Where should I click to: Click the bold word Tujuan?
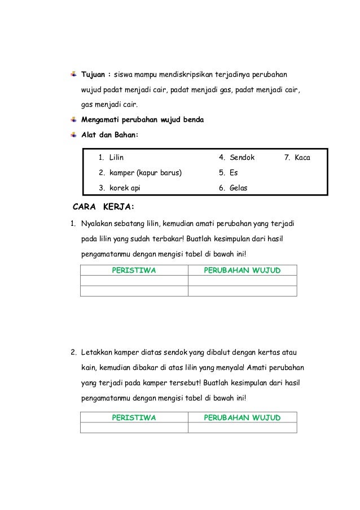[x=94, y=75]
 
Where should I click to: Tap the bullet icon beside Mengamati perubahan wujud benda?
[x=74, y=120]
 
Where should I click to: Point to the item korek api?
[x=125, y=187]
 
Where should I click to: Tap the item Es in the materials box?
[x=233, y=172]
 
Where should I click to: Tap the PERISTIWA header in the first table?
[x=134, y=270]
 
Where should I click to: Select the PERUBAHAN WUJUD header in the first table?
[x=242, y=270]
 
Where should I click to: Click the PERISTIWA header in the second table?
[x=134, y=417]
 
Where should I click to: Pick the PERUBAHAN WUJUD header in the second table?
[x=242, y=417]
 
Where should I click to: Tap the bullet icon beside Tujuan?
[x=74, y=74]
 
